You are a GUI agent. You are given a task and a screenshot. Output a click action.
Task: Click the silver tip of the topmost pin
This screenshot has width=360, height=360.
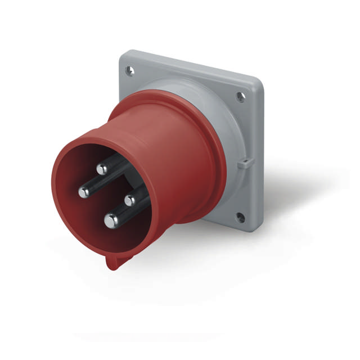[x=102, y=169]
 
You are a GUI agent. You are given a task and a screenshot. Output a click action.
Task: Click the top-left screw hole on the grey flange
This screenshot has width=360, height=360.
[x=130, y=70]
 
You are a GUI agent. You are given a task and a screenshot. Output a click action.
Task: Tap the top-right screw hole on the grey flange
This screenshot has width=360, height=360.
[x=241, y=97]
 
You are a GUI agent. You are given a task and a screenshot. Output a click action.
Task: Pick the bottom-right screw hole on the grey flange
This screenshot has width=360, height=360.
[x=240, y=217]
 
